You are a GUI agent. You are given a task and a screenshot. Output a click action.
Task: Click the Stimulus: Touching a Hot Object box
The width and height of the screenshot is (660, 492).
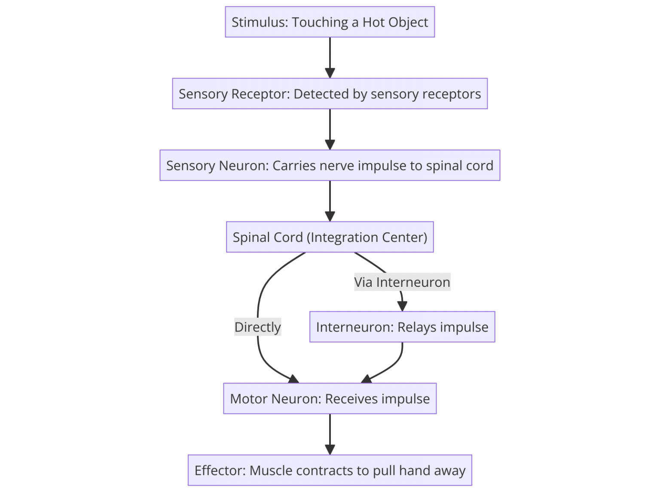(330, 22)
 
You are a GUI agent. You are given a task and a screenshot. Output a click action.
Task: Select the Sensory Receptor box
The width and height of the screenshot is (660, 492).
(330, 94)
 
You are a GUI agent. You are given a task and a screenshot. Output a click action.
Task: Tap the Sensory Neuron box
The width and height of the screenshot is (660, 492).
(330, 165)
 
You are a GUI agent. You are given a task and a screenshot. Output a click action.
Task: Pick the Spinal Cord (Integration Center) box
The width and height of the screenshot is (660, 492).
(330, 237)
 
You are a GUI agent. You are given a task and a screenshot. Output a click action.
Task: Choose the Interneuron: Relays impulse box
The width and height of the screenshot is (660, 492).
(402, 327)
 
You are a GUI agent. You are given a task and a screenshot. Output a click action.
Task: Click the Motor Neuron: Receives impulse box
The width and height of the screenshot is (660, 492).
(330, 398)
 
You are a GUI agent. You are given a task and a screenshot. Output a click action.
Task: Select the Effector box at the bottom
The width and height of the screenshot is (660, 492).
(330, 470)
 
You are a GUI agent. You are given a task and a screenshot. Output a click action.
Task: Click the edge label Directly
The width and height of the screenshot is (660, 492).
(257, 327)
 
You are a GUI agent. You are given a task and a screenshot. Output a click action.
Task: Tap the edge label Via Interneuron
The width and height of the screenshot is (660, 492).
(402, 282)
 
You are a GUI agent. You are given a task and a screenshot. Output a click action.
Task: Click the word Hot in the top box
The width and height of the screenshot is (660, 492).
(373, 22)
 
